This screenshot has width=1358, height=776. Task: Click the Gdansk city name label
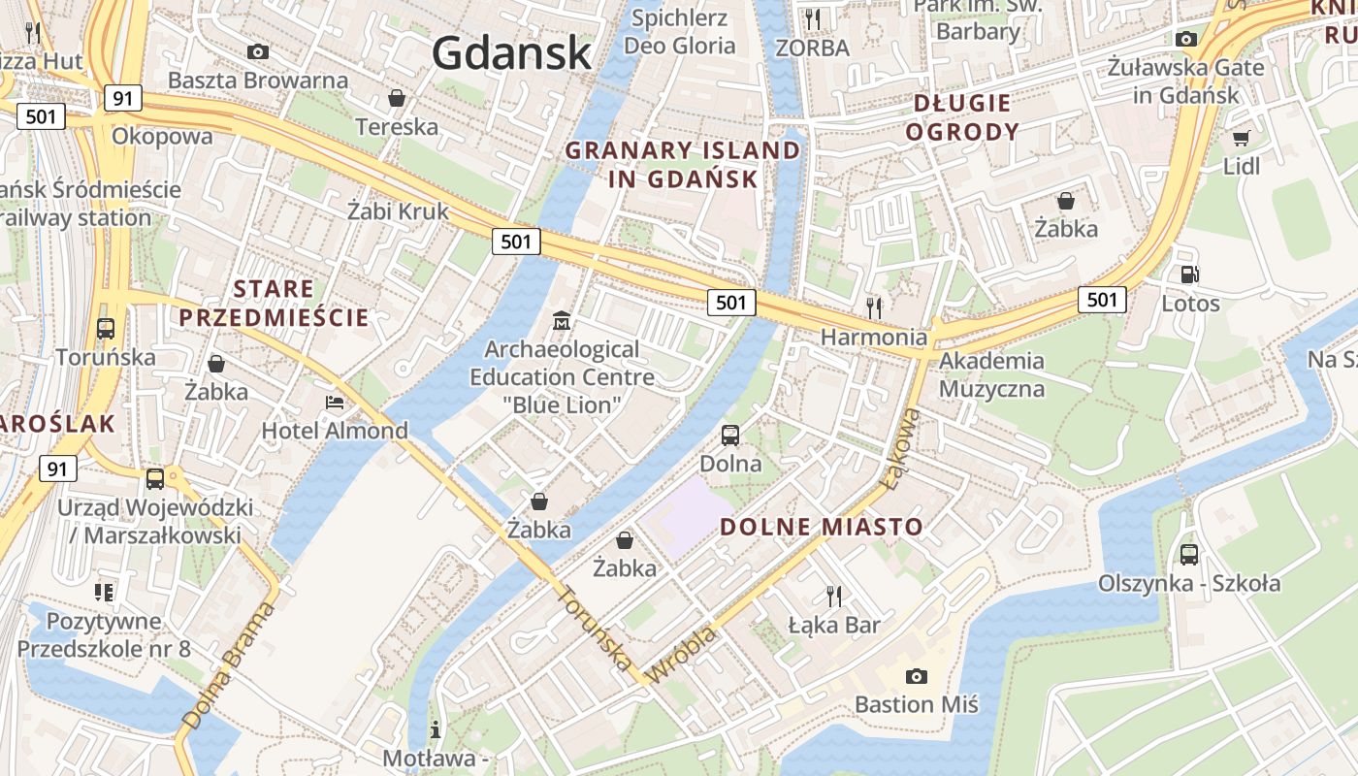pos(511,52)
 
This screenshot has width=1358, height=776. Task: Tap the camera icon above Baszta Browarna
pos(258,51)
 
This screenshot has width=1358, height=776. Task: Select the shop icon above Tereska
pos(396,98)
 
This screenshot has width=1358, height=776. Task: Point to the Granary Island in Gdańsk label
pos(683,165)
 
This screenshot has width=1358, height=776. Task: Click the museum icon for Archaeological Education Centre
pos(562,320)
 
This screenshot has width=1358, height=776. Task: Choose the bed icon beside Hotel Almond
pos(335,403)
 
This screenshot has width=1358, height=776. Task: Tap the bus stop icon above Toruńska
pos(106,329)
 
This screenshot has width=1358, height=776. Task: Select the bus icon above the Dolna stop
pos(730,436)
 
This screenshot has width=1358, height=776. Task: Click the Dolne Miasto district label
pos(821,527)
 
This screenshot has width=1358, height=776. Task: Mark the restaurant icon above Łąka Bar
pos(833,596)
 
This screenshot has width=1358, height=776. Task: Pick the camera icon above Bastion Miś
pos(916,676)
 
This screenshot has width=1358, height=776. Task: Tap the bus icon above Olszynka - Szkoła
pos(1188,555)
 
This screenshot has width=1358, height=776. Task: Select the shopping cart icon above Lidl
pos(1241,138)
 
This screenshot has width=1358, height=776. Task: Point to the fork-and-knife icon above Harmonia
pos(874,308)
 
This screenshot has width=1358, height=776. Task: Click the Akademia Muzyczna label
pos(991,375)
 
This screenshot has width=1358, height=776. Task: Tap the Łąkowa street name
pos(899,447)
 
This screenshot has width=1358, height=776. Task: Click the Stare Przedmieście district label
pos(275,303)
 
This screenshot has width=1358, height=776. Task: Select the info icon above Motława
pos(436,728)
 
